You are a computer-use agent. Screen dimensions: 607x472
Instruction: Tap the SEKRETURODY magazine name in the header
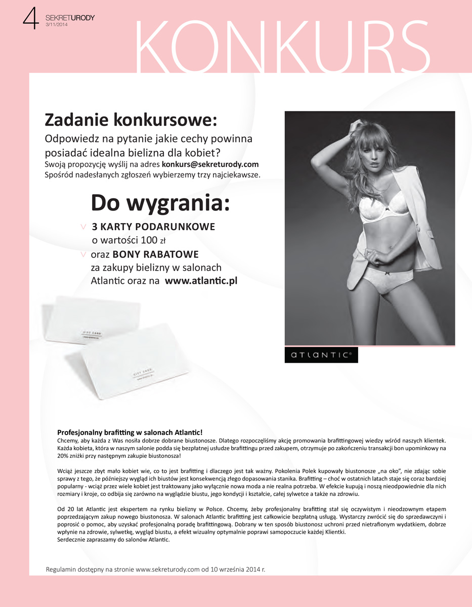(x=70, y=18)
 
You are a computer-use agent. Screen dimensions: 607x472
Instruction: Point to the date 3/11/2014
(x=57, y=25)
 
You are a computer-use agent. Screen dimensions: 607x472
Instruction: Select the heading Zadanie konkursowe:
(x=131, y=120)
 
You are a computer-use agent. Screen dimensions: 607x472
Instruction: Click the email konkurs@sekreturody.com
(x=210, y=164)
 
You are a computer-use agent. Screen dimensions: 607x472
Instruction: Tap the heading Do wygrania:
(x=160, y=203)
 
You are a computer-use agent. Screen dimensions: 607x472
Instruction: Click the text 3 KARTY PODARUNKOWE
(x=153, y=226)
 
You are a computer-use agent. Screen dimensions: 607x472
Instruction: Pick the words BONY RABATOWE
(x=155, y=254)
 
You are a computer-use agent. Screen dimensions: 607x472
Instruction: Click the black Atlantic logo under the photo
(x=321, y=355)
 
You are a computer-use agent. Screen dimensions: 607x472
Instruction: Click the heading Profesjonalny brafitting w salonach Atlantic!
(x=130, y=432)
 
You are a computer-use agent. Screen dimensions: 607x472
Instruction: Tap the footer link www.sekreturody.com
(x=167, y=569)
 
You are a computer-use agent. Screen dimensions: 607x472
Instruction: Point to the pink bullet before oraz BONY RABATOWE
(x=83, y=254)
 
